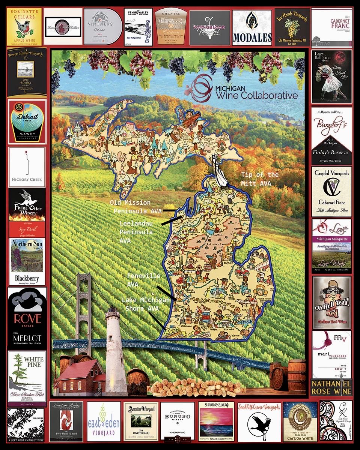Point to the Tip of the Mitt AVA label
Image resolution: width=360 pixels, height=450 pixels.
tap(260, 179)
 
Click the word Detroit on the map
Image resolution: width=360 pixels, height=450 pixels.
tap(247, 323)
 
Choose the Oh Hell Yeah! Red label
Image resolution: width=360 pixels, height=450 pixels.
tap(331, 301)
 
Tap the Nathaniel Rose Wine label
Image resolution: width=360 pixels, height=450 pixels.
tap(331, 387)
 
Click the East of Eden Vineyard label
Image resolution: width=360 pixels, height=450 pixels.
tap(104, 421)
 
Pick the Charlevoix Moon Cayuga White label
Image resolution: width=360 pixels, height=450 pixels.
tap(300, 421)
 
